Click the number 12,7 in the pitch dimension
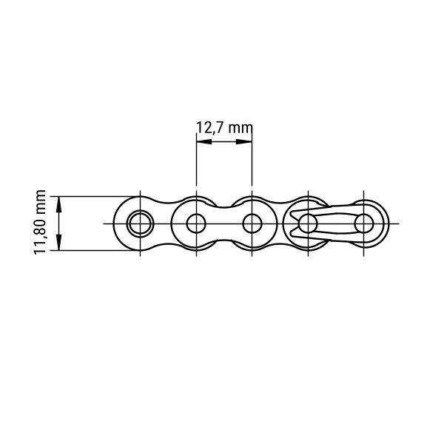pyautogui.click(x=210, y=128)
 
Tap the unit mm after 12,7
pyautogui.click(x=240, y=129)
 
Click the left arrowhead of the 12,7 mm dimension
pyautogui.click(x=204, y=141)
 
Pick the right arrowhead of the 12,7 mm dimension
pyautogui.click(x=244, y=141)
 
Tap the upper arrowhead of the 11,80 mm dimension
pyautogui.click(x=59, y=204)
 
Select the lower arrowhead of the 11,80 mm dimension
pyautogui.click(x=59, y=243)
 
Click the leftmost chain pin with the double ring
pyautogui.click(x=140, y=223)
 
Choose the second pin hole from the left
pyautogui.click(x=196, y=223)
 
